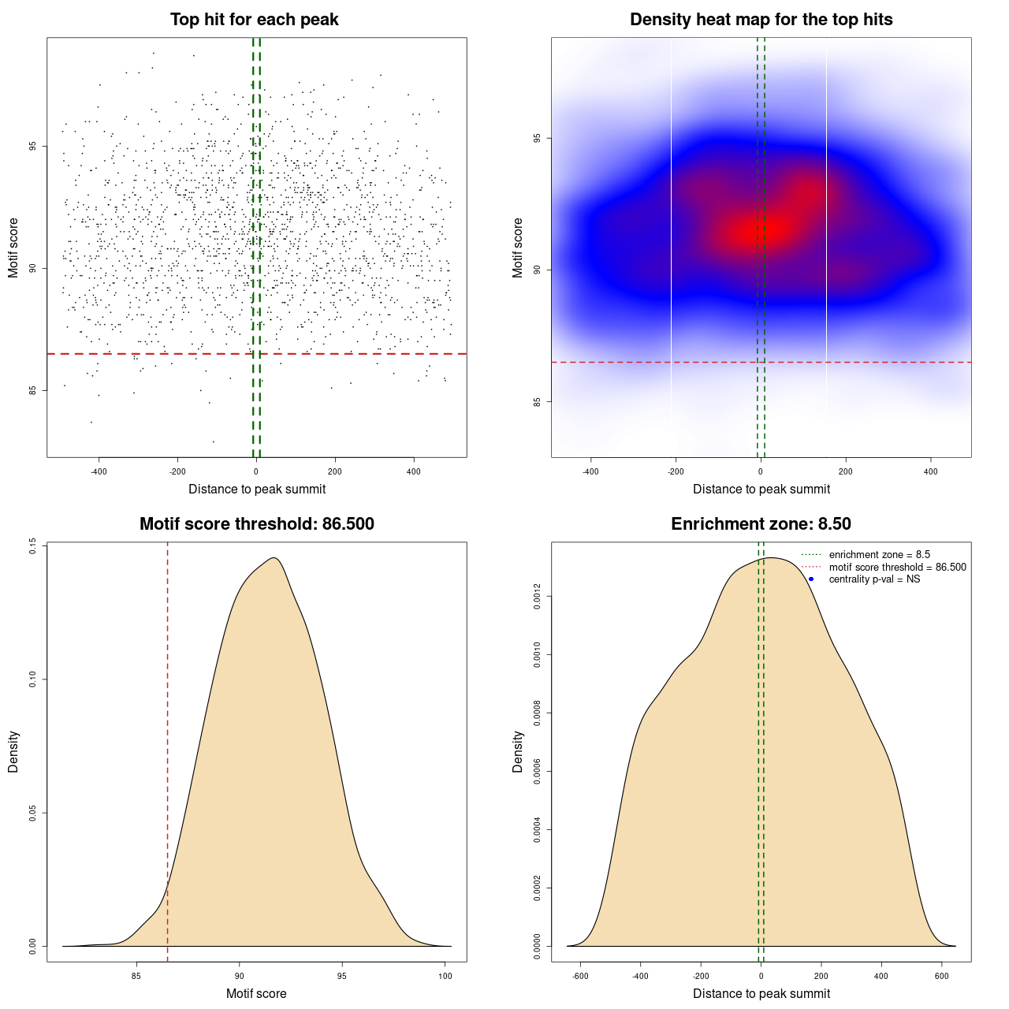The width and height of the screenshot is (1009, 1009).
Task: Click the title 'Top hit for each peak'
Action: (254, 20)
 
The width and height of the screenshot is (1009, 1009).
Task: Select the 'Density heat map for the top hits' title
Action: (761, 20)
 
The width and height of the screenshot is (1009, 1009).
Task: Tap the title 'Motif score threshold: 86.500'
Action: (256, 524)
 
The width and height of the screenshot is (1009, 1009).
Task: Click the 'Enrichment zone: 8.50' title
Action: (761, 524)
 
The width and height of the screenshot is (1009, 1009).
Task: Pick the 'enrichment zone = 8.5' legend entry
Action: (879, 555)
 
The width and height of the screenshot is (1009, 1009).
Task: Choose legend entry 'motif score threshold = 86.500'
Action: (897, 568)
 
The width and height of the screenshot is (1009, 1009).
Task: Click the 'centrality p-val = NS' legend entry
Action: (874, 579)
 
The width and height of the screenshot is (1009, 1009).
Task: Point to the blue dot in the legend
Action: (811, 579)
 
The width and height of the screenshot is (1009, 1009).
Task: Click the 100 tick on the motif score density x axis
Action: (445, 976)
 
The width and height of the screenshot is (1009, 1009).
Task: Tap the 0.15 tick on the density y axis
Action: (32, 545)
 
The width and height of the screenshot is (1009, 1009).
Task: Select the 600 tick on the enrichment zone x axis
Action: (941, 976)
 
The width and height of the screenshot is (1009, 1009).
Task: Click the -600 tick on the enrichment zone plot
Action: (580, 976)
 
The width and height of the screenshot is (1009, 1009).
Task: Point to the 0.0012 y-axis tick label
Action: (537, 597)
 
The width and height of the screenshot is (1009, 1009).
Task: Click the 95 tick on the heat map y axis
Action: (537, 138)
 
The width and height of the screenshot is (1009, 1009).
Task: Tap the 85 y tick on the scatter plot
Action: (32, 389)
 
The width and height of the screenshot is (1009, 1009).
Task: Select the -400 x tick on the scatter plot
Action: (99, 471)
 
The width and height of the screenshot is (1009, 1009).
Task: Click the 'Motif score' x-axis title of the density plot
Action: (256, 993)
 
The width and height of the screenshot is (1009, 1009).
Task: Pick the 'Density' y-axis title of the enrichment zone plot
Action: (518, 751)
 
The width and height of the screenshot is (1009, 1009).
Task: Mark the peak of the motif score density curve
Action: (274, 558)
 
